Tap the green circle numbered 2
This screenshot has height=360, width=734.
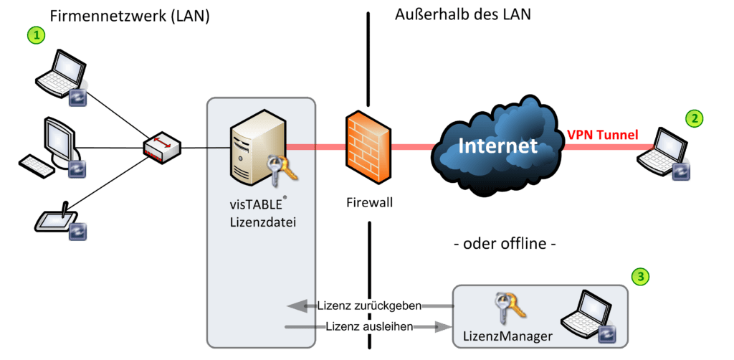[x=693, y=119]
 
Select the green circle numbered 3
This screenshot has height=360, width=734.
[x=642, y=276]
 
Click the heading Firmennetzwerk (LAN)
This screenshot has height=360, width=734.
[x=130, y=16]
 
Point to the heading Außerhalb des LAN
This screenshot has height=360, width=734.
[x=463, y=14]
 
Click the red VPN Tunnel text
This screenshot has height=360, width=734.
[x=601, y=135]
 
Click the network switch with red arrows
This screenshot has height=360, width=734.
[x=163, y=148]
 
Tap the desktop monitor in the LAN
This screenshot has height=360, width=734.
[x=59, y=137]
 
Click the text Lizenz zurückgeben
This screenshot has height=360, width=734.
[x=366, y=306]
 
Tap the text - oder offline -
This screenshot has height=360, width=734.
[x=506, y=244]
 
